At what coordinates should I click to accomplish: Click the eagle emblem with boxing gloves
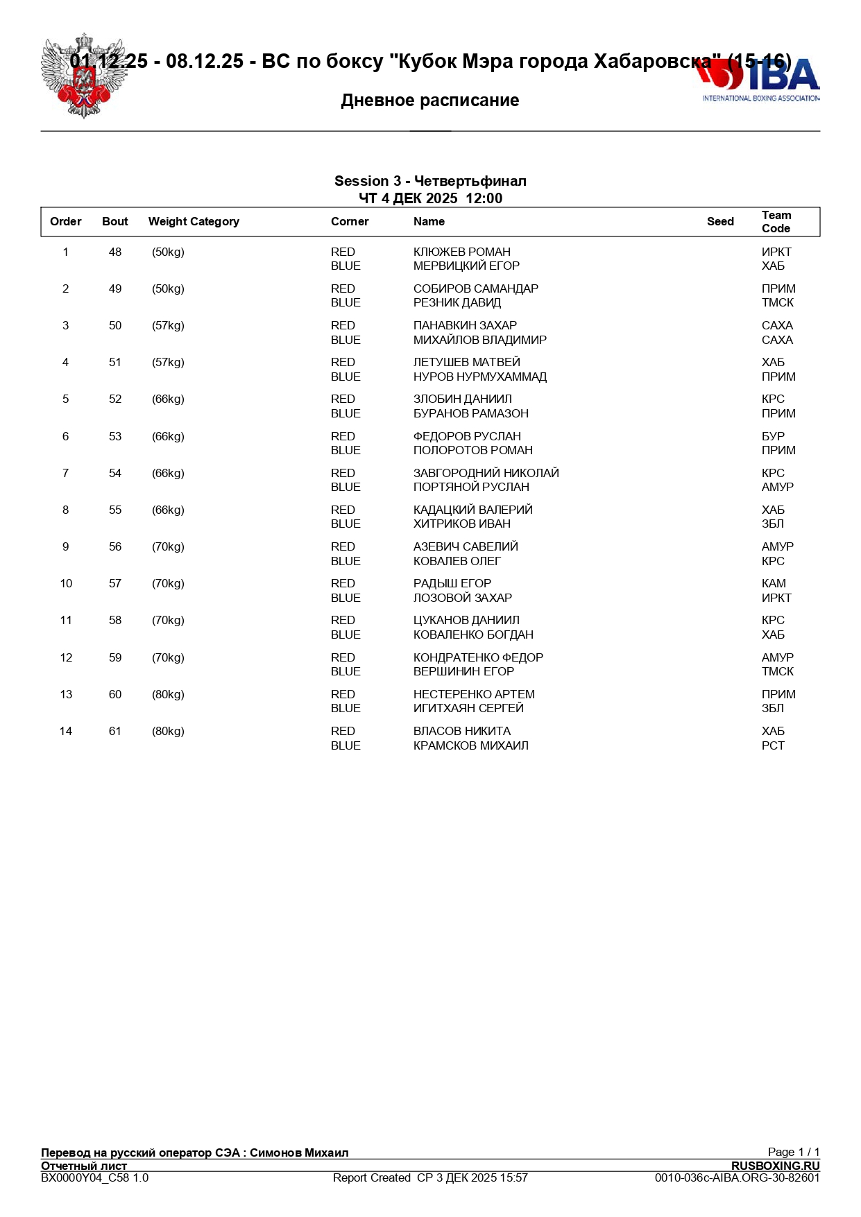pos(83,76)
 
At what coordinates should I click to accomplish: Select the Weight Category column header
pos(194,222)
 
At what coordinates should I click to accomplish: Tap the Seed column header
pos(720,222)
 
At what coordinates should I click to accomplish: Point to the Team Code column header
pos(776,222)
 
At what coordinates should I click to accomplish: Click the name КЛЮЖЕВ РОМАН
pos(461,252)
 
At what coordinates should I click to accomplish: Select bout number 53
pos(115,437)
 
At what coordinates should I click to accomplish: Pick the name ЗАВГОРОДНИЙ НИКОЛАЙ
pos(486,474)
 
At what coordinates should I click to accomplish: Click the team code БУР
pos(773,437)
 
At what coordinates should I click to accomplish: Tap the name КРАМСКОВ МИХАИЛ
pos(470,746)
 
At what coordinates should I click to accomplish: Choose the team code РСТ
pos(773,746)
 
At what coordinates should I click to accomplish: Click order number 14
pos(66,732)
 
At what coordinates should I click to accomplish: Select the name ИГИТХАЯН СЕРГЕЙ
pos(468,709)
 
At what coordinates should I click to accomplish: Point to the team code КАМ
pos(774,584)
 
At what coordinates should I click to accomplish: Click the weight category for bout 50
pos(168,326)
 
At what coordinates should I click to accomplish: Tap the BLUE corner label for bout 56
pos(346,562)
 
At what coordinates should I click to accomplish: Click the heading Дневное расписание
pos(430,101)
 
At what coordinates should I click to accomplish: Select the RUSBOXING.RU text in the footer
pos(775,1166)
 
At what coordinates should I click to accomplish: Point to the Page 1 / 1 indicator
pos(793,1153)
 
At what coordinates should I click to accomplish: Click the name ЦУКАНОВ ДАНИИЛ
pos(466,621)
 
